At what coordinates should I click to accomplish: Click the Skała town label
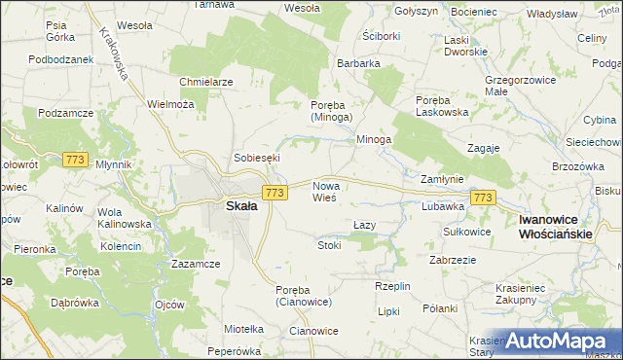[241, 206]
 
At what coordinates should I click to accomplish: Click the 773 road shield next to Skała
[275, 194]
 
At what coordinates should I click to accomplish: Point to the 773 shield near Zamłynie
[482, 198]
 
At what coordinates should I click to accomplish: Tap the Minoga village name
[373, 139]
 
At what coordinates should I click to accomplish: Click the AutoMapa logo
[560, 341]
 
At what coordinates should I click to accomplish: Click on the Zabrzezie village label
[452, 260]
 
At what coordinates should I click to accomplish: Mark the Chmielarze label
[205, 82]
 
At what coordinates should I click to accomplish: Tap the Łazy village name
[363, 225]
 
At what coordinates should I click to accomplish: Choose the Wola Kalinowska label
[124, 218]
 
